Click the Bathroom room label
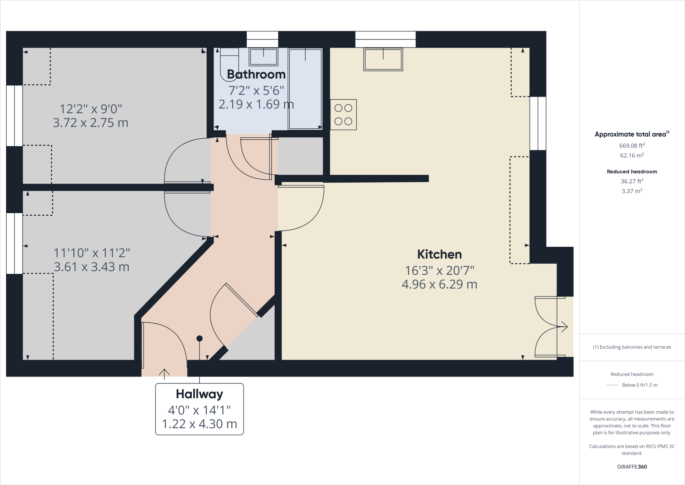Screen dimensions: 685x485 [x=256, y=74]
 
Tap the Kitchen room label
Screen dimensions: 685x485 [x=439, y=255]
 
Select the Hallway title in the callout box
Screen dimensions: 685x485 [x=199, y=394]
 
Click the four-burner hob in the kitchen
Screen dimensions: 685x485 [x=343, y=115]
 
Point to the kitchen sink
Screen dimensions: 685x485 [x=383, y=59]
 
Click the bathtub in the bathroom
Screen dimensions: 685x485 [x=305, y=89]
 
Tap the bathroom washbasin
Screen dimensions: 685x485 [x=264, y=57]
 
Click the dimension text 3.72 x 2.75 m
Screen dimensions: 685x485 [x=91, y=123]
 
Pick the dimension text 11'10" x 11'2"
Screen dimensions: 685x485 [x=92, y=253]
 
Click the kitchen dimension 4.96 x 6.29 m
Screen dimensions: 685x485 [x=439, y=284]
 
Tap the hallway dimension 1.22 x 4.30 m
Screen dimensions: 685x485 [x=199, y=424]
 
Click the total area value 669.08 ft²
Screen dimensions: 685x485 [x=632, y=146]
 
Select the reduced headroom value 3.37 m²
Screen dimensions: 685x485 [x=632, y=191]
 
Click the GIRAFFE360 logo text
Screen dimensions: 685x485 [x=632, y=467]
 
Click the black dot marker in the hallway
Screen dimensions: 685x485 [x=199, y=338]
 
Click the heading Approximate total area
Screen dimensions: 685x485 [x=630, y=134]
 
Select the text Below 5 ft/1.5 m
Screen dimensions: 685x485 [x=640, y=385]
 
